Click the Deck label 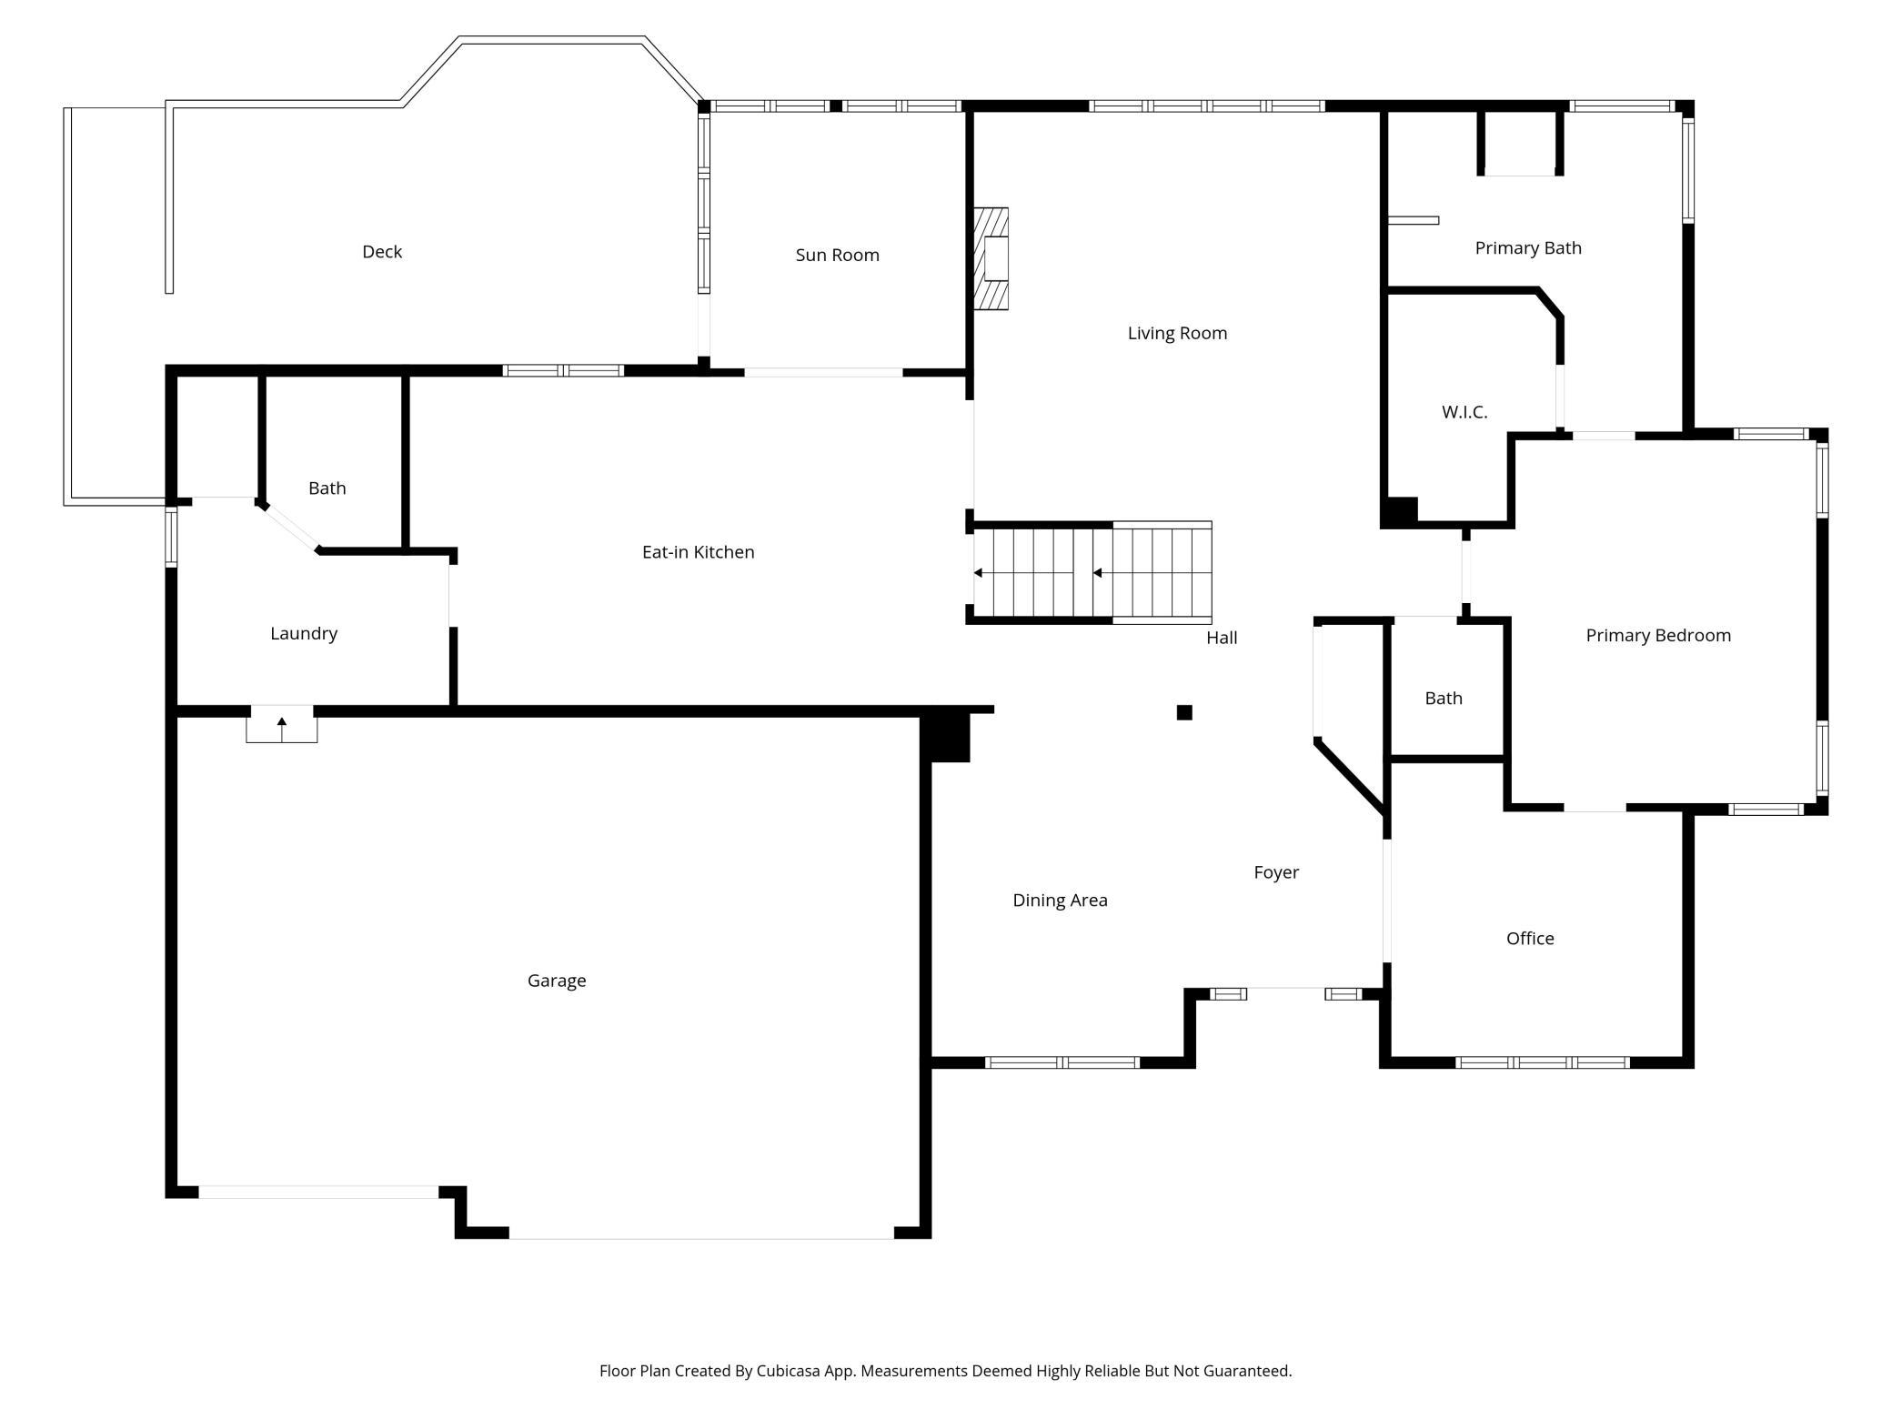[382, 252]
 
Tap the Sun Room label [838, 255]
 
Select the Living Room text [1177, 334]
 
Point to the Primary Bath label [1528, 248]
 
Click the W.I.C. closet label [1464, 412]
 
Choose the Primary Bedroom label [1658, 636]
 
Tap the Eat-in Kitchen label [699, 552]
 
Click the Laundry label [304, 634]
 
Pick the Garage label [557, 981]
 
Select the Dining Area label [1061, 901]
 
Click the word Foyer [1276, 872]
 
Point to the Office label [1530, 939]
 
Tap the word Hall [1222, 638]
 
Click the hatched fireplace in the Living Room [991, 258]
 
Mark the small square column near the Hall [1184, 712]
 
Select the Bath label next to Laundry [327, 488]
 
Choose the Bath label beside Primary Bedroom [1444, 699]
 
